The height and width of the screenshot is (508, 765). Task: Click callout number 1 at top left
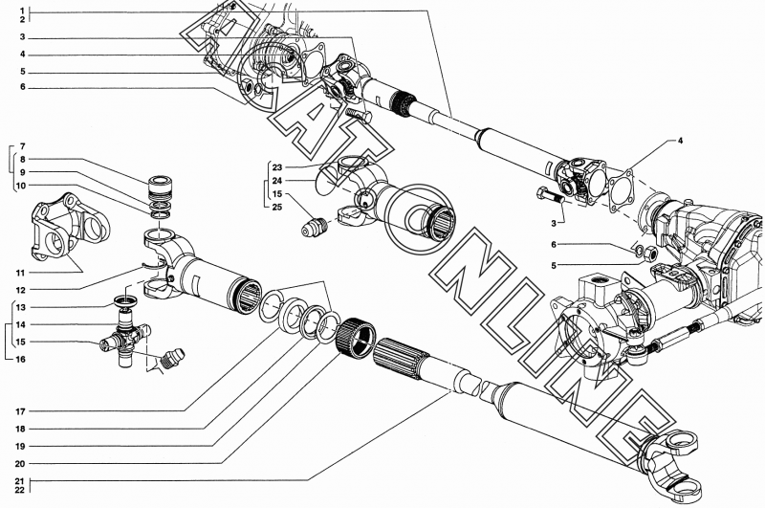(x=18, y=10)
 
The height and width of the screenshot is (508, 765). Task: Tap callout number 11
(x=18, y=273)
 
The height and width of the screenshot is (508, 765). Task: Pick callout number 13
(x=18, y=307)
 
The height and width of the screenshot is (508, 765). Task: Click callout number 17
(x=18, y=411)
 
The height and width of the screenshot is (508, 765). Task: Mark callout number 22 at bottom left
(x=18, y=490)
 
